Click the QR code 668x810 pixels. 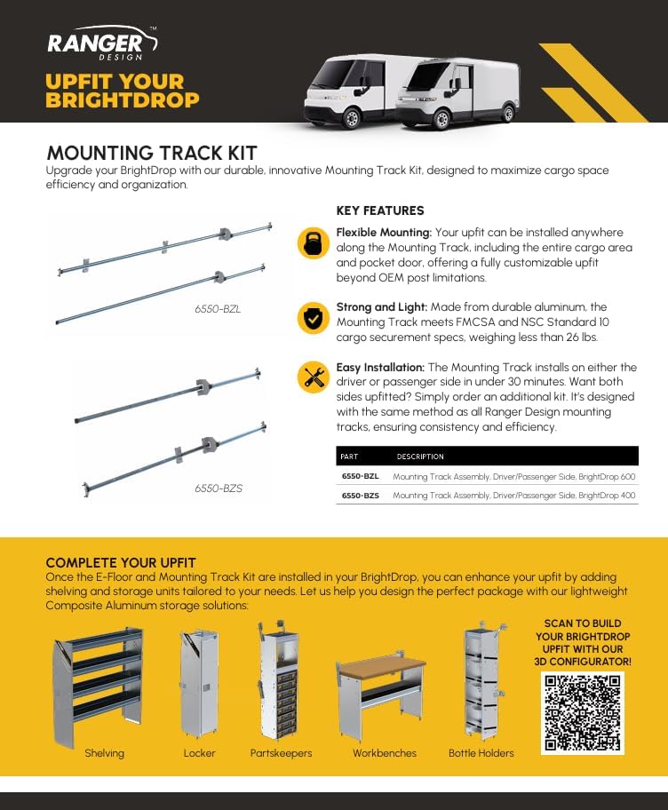coord(582,713)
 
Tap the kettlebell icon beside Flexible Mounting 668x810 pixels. coord(312,242)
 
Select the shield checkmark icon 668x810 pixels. coord(312,317)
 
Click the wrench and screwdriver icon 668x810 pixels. coord(312,377)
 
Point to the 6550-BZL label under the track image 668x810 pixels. coord(218,309)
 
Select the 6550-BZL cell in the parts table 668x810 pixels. coord(360,477)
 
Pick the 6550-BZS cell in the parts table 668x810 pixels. coord(360,496)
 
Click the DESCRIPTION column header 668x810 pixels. coord(420,457)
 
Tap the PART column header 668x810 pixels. coord(349,457)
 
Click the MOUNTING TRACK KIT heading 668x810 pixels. coord(151,153)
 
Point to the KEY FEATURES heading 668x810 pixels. coord(380,211)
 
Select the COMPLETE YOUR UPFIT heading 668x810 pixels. coord(121,563)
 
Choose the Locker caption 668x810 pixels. coord(199,753)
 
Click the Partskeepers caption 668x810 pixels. coord(281,753)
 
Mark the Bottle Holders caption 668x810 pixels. coord(481,753)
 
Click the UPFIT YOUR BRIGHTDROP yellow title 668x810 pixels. coord(123,91)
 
